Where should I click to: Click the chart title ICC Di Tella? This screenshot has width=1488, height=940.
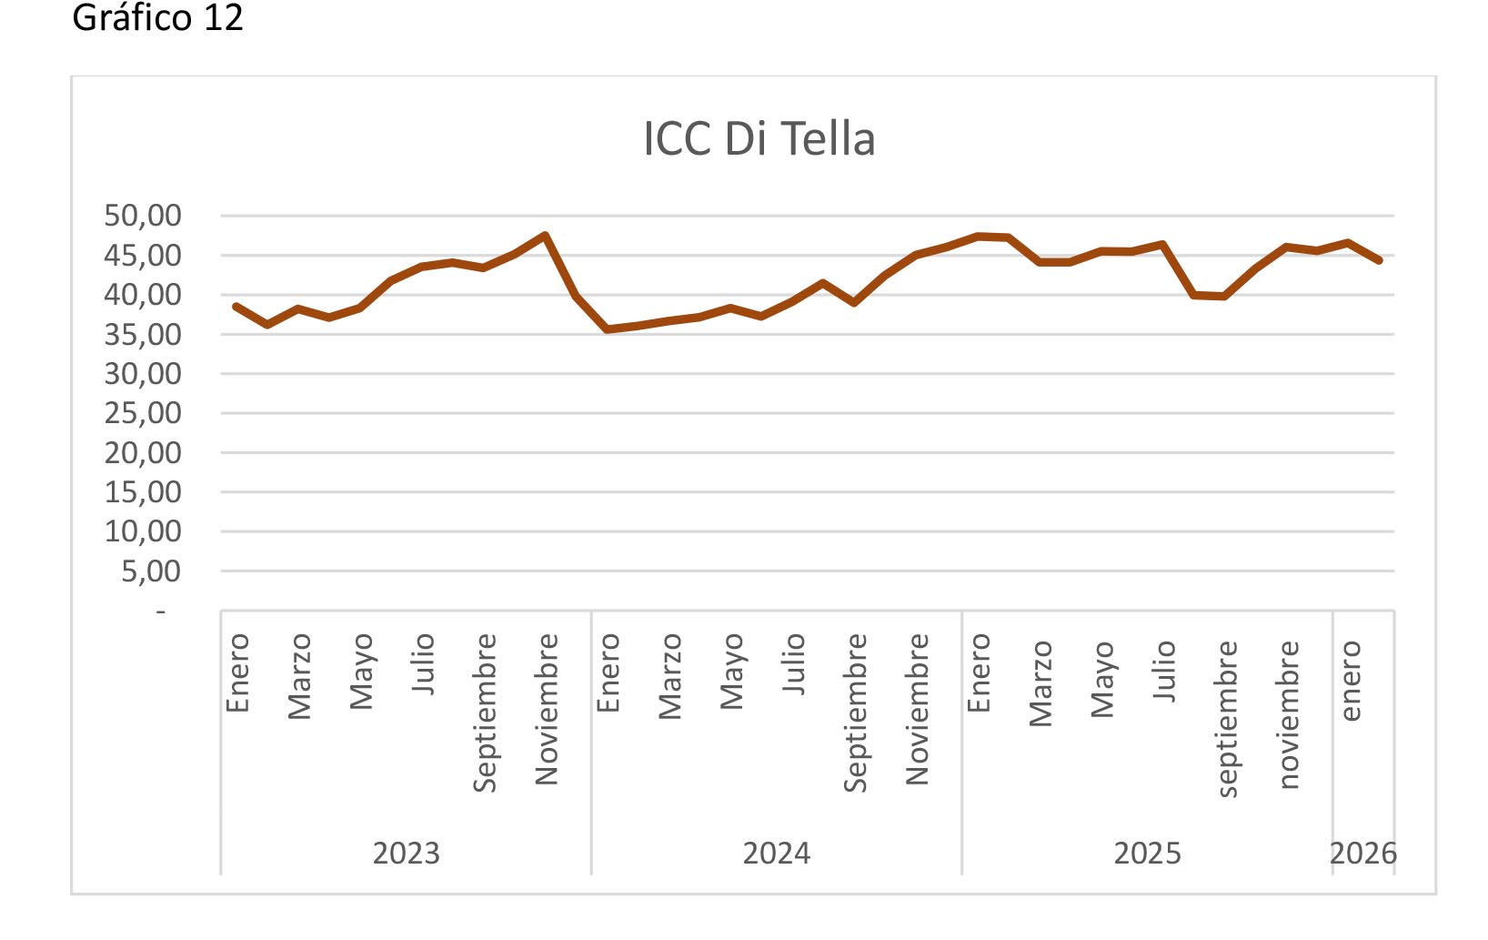point(759,139)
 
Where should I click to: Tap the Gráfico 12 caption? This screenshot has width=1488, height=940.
point(157,18)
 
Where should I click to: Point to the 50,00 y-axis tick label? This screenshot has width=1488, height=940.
point(143,217)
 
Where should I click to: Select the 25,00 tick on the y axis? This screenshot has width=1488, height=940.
point(143,413)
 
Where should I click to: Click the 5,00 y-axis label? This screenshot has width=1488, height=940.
point(151,571)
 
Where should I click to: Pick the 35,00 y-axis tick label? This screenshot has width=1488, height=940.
point(143,335)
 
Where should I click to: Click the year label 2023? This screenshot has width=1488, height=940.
point(406,854)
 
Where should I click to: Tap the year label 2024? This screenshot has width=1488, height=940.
point(776,854)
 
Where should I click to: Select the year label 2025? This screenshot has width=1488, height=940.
point(1147,854)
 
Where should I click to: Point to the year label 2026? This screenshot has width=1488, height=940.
point(1362,854)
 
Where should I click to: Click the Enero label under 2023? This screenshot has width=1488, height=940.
point(237,673)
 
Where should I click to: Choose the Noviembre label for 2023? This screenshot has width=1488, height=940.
point(546,709)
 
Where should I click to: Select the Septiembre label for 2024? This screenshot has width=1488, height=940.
point(855,713)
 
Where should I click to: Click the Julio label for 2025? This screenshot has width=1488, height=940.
point(1164,671)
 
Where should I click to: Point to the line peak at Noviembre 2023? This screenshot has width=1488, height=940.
point(545,235)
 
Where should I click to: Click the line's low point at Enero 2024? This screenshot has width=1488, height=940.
point(607,329)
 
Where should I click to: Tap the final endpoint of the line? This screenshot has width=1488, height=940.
point(1380,260)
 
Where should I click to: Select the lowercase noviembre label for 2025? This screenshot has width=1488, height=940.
point(1288,714)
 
